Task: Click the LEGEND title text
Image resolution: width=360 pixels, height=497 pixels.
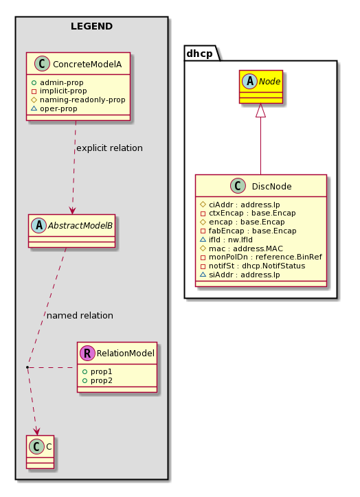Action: (91, 26)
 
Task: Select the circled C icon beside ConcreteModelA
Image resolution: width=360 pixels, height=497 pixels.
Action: (42, 63)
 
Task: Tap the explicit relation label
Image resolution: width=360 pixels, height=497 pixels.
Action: (109, 148)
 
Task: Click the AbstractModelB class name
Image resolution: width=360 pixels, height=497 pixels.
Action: (80, 225)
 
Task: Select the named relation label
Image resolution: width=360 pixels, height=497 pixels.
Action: (80, 315)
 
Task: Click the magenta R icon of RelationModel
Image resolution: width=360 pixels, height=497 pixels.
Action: (87, 353)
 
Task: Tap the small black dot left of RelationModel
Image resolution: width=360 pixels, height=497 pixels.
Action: (27, 367)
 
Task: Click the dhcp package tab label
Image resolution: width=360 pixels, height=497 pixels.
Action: (199, 54)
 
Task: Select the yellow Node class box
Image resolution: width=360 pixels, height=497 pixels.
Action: (260, 86)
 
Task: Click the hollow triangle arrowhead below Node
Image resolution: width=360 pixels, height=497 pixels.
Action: (260, 111)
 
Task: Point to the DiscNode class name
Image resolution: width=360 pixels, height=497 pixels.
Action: (271, 187)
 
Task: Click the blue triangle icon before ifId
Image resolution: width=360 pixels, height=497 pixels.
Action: (203, 240)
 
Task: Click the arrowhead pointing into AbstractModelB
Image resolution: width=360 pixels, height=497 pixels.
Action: (72, 210)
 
